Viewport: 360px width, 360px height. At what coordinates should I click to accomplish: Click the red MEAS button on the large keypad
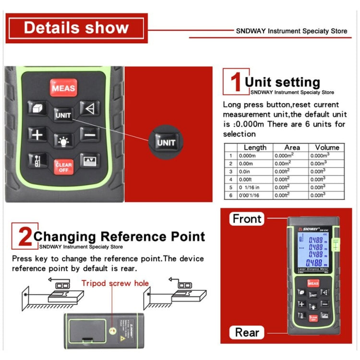coord(63,88)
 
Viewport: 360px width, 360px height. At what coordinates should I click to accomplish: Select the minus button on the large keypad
coord(90,135)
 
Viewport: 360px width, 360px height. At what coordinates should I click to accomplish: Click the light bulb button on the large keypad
coord(63,140)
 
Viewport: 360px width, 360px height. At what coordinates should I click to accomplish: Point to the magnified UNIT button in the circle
coord(166,143)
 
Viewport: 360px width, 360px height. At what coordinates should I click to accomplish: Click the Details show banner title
coord(76,27)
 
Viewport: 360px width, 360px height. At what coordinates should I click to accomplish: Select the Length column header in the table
coord(255,147)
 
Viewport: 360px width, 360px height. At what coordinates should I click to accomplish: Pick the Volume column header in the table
coord(327,147)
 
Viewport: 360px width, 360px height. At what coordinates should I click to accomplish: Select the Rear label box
coord(247,332)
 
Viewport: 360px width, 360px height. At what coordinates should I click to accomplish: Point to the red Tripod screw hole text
coord(115,283)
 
